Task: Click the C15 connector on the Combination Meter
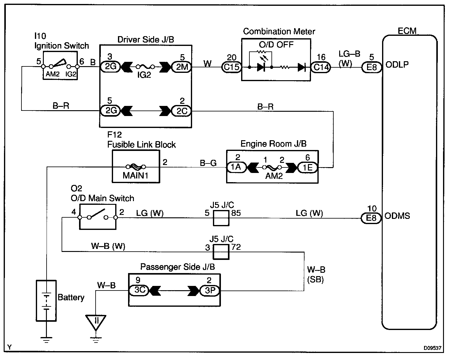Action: pyautogui.click(x=231, y=67)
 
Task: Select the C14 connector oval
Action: pyautogui.click(x=321, y=67)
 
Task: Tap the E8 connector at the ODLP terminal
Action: pyautogui.click(x=372, y=67)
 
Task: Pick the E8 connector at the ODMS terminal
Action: pyautogui.click(x=371, y=218)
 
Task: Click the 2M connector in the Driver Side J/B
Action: pyautogui.click(x=182, y=67)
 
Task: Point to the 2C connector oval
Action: pyautogui.click(x=181, y=111)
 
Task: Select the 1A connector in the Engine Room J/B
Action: pyautogui.click(x=236, y=167)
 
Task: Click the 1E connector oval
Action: pyautogui.click(x=308, y=167)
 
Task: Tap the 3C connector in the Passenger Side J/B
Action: pyautogui.click(x=139, y=290)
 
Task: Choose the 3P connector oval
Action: pyautogui.click(x=210, y=291)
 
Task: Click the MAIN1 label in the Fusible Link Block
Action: pyautogui.click(x=135, y=175)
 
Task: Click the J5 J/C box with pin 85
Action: pyautogui.click(x=221, y=218)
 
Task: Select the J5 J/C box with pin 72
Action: pyautogui.click(x=221, y=252)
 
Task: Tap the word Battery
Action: pyautogui.click(x=71, y=298)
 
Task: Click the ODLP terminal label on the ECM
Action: pyautogui.click(x=397, y=65)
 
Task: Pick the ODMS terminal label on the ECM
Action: pyautogui.click(x=397, y=216)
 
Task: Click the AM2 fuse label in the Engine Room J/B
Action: pyautogui.click(x=274, y=176)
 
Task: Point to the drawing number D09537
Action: pyautogui.click(x=433, y=348)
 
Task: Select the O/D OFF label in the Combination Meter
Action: pyautogui.click(x=276, y=45)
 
